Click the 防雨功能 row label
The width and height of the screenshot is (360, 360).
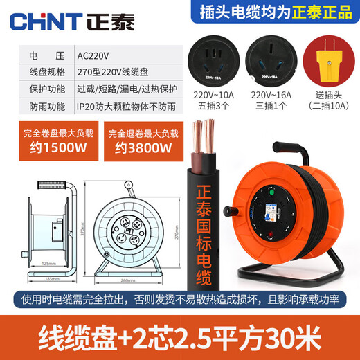pos(42,106)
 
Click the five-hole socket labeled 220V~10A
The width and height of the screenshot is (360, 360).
pos(216,66)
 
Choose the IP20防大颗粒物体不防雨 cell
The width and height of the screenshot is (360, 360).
pos(128,106)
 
